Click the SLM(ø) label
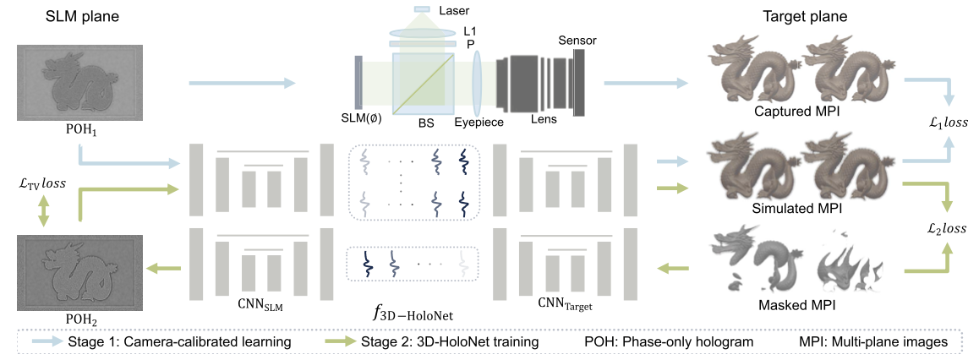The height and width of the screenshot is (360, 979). click(361, 118)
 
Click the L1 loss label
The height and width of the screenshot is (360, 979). click(943, 122)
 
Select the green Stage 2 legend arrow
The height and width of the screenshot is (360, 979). click(342, 341)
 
